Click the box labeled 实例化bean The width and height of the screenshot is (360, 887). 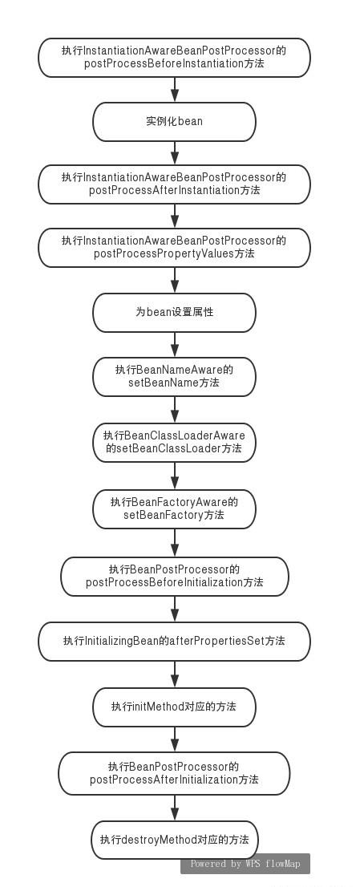pos(174,122)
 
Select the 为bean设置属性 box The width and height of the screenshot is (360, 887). pos(174,312)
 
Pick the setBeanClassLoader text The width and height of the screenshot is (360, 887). pos(168,448)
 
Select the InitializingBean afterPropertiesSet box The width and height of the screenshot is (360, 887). pos(174,642)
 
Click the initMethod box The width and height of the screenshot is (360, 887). pos(174,707)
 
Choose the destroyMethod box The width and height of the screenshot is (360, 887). pos(174,840)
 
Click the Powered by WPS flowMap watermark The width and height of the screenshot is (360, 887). pos(245,864)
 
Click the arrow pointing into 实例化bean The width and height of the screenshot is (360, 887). pos(175,90)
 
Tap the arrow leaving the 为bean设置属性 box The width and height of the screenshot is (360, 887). pos(175,345)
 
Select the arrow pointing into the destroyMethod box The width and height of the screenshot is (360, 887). pos(175,808)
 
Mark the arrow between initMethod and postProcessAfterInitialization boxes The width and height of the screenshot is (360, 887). pos(175,739)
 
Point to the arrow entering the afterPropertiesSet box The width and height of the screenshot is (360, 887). pos(175,610)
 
